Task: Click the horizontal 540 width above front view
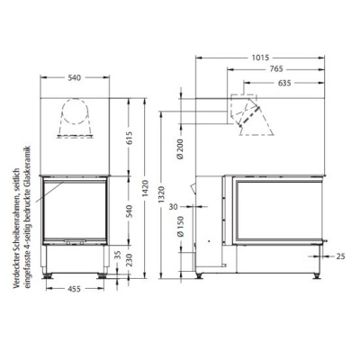tap(76, 79)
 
